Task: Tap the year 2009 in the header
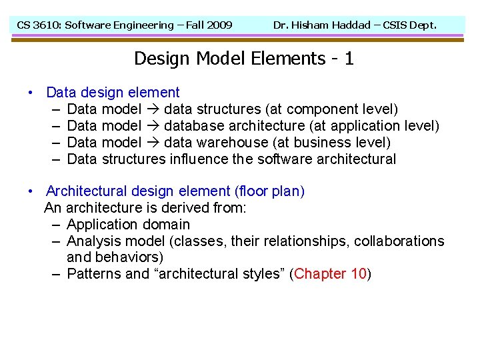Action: coord(219,25)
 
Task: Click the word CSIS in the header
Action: coord(399,25)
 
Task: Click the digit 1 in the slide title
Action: coord(349,59)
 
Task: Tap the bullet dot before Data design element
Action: coord(31,93)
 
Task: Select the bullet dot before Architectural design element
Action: coord(31,192)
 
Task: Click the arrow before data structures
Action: coord(153,109)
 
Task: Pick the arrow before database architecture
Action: coord(153,126)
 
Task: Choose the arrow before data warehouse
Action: coord(153,143)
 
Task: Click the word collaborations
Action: coord(399,241)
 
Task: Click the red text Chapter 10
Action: coord(329,274)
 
